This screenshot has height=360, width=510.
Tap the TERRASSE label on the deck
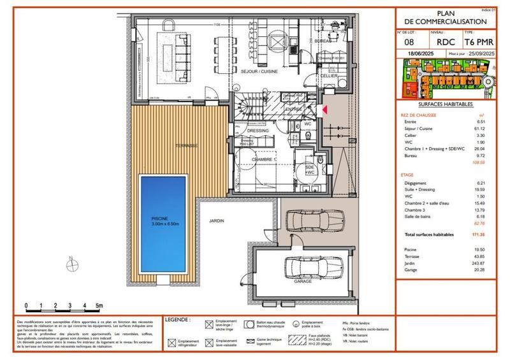[x=186, y=146]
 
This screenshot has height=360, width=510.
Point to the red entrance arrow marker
[x=324, y=110]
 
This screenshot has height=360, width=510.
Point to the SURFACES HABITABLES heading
[x=446, y=103]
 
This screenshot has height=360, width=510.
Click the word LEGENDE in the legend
[x=177, y=319]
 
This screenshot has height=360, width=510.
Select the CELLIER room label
[x=328, y=76]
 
